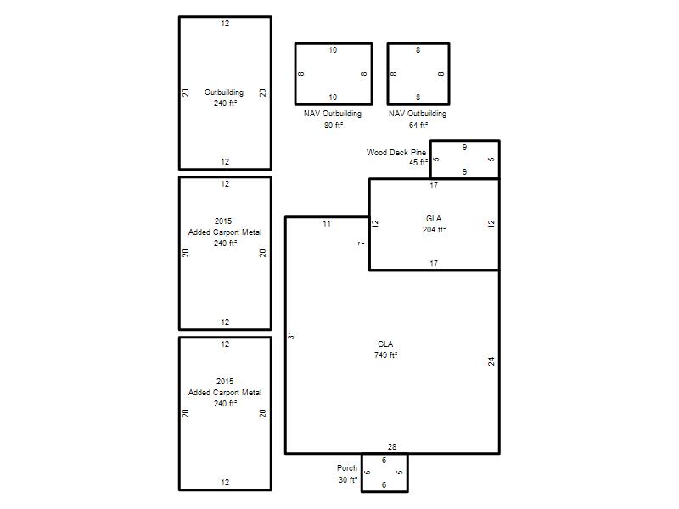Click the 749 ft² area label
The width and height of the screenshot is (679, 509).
(x=385, y=355)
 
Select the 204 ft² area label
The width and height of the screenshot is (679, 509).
(x=434, y=229)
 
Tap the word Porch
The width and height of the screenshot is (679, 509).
(x=347, y=468)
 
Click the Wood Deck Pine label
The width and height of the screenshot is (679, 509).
(x=396, y=153)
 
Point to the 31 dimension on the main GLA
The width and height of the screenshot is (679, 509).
(x=291, y=335)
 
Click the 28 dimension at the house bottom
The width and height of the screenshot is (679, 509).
(x=392, y=447)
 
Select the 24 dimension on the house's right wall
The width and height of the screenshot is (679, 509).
(x=491, y=361)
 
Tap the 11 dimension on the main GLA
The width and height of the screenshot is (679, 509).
(x=327, y=224)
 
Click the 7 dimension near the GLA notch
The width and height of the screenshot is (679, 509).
(x=362, y=243)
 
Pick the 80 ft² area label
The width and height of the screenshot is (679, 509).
(x=334, y=125)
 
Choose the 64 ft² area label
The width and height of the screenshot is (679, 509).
(x=418, y=125)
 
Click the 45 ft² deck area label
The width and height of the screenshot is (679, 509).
(x=418, y=163)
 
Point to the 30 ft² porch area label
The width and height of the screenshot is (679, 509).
(x=348, y=479)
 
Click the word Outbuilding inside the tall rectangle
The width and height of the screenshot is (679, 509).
(x=224, y=92)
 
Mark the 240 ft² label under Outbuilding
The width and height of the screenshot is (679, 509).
(x=225, y=103)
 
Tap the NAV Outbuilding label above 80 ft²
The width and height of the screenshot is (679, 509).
(x=333, y=114)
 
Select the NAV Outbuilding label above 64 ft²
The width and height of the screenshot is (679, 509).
(x=418, y=114)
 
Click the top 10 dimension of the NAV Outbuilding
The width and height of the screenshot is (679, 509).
(x=333, y=50)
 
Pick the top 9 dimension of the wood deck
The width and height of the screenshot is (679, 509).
(x=464, y=147)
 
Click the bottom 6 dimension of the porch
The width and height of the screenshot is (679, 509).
(x=384, y=484)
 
